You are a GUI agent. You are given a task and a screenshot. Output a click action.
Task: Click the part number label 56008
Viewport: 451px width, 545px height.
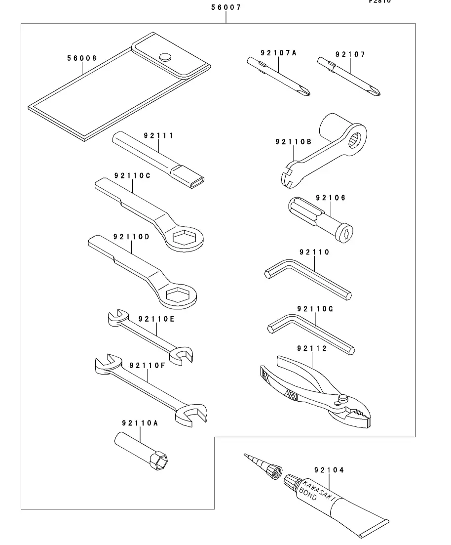click(82, 58)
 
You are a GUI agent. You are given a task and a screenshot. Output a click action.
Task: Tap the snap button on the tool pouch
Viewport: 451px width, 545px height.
click(165, 56)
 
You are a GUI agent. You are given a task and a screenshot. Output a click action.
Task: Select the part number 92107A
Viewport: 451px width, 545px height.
click(279, 53)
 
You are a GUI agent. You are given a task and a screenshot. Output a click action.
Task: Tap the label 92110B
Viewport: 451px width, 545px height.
click(293, 142)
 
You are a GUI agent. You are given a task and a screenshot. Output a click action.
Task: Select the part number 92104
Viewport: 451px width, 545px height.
click(328, 470)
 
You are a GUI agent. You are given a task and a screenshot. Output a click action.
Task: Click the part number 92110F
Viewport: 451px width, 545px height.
click(147, 366)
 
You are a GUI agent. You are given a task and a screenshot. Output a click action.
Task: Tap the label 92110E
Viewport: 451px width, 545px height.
click(156, 319)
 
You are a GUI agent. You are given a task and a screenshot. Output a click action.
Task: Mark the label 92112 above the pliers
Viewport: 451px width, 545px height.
click(312, 348)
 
